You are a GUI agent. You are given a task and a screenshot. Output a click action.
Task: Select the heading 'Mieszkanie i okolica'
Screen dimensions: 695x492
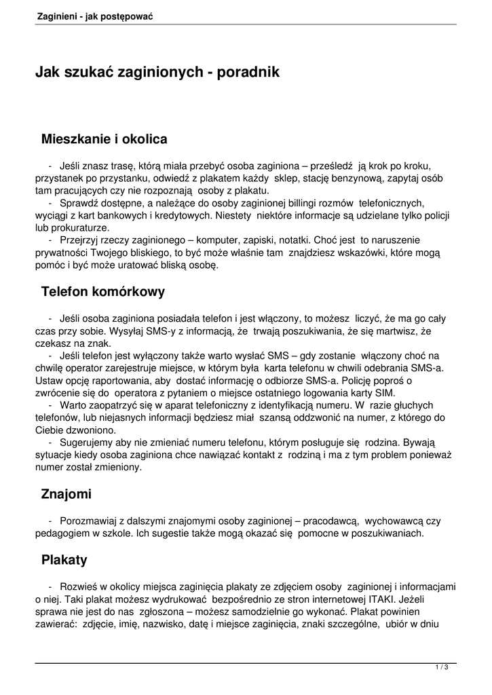(x=104, y=139)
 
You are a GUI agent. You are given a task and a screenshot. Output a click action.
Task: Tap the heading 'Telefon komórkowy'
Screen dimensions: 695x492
(x=103, y=292)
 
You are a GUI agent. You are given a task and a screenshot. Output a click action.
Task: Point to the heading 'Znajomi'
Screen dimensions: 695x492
(x=67, y=494)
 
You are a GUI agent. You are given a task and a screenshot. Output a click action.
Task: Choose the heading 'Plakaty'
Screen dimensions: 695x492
(x=64, y=560)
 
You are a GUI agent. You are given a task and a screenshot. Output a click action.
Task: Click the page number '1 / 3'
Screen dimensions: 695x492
(x=442, y=667)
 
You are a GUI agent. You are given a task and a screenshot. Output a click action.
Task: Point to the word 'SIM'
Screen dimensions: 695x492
(x=404, y=394)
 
